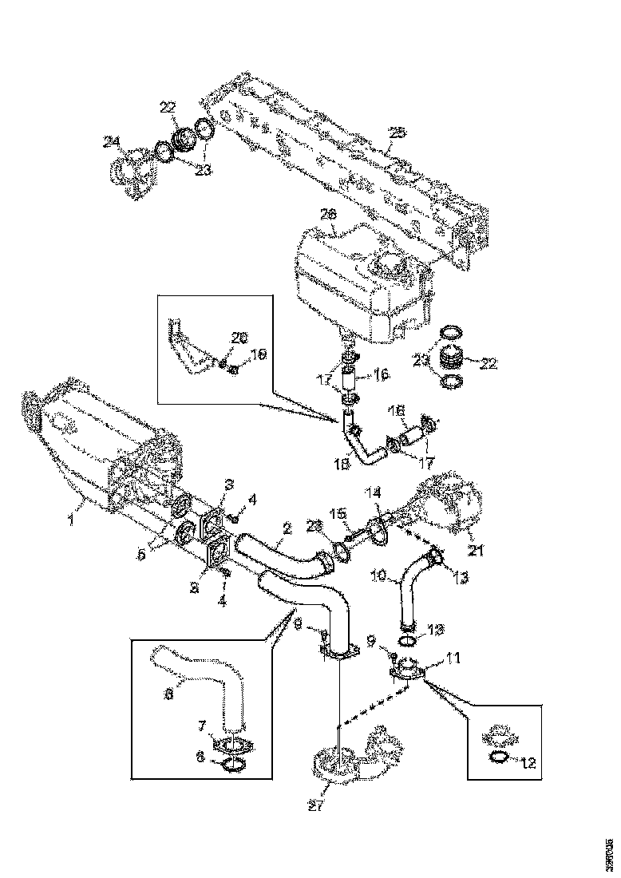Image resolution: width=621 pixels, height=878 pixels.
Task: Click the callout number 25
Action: click(397, 134)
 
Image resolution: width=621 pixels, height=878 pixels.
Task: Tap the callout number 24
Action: click(112, 142)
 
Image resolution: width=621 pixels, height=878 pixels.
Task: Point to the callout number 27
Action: click(317, 807)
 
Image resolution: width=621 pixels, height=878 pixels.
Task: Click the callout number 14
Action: click(374, 493)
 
